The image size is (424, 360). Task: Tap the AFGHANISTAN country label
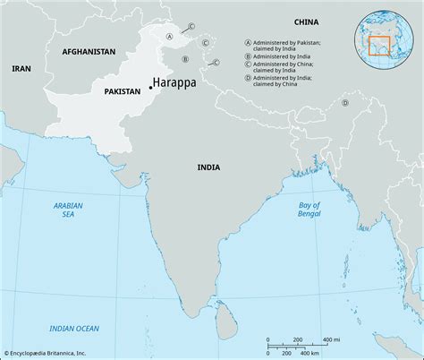pos(89,53)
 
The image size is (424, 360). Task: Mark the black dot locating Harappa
pos(150,87)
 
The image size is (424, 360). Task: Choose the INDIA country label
pos(210,167)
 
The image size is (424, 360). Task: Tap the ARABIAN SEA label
pos(62,211)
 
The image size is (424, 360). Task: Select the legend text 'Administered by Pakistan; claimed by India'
pos(281,46)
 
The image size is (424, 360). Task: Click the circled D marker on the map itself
pos(343,103)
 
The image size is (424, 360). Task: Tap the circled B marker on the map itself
pos(184,59)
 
